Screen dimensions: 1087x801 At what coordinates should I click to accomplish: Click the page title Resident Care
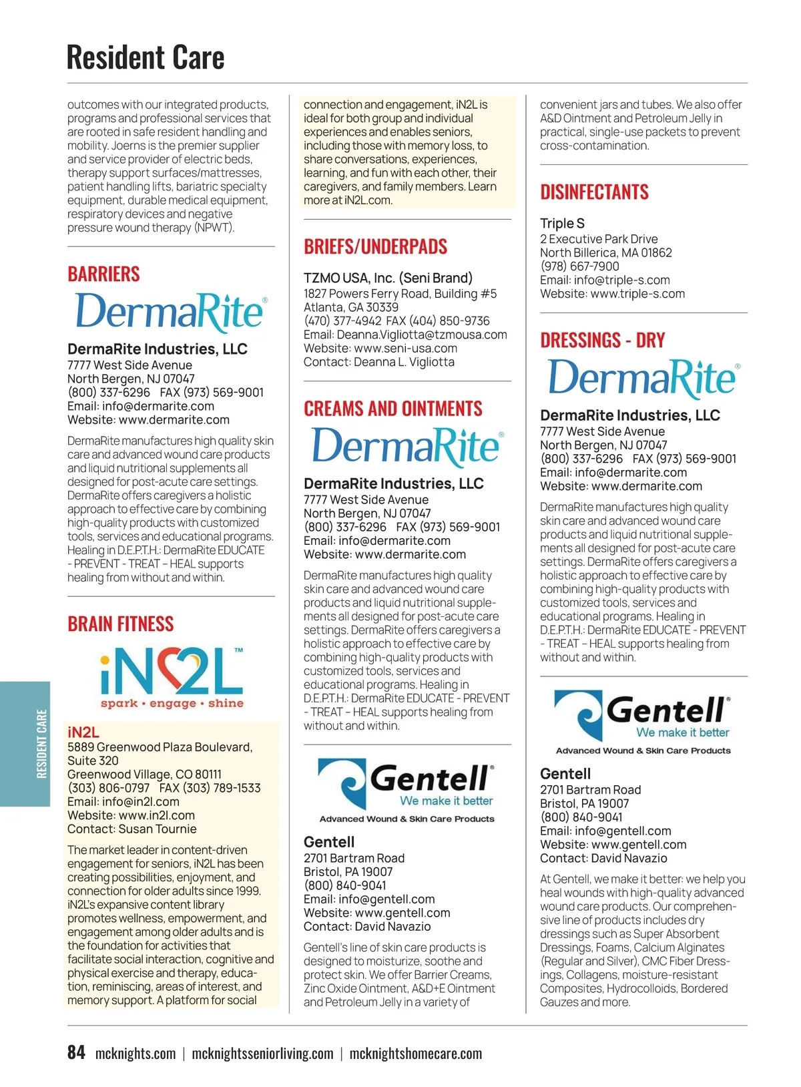[146, 57]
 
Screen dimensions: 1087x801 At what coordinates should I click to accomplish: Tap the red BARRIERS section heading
[103, 274]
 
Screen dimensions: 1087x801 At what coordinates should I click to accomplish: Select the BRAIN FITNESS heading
[121, 624]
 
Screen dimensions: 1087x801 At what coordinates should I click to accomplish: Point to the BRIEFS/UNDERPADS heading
[375, 246]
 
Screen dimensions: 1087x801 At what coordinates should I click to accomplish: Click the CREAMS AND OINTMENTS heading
[393, 409]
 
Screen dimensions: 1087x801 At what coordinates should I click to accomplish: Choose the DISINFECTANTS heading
[594, 192]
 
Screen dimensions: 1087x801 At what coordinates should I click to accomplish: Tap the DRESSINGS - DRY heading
[603, 341]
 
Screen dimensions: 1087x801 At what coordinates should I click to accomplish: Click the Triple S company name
[562, 223]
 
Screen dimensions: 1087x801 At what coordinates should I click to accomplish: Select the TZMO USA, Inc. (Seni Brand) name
[388, 278]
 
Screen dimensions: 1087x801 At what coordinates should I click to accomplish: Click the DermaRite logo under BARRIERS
[172, 312]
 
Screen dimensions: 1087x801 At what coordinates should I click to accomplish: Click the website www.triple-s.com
[637, 294]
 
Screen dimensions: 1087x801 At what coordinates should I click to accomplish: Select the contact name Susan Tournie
[158, 829]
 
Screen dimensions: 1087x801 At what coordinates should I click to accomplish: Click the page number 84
[76, 1052]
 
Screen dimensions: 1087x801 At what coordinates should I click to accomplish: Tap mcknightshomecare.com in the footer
[415, 1054]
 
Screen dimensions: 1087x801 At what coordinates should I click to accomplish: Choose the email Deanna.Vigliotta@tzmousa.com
[422, 335]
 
